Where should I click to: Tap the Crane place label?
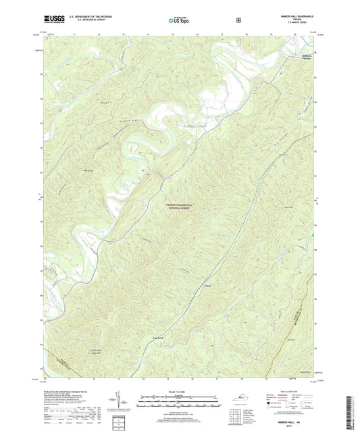[208, 286]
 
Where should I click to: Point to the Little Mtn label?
[104, 102]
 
